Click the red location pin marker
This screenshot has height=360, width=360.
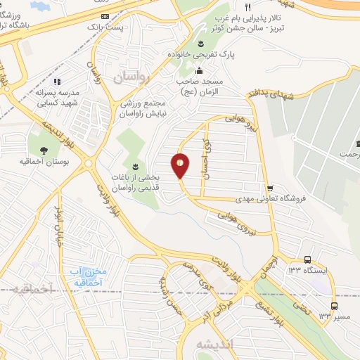pos(181,165)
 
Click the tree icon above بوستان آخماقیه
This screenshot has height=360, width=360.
pos(44,150)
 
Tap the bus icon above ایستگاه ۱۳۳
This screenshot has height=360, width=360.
pos(307,260)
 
